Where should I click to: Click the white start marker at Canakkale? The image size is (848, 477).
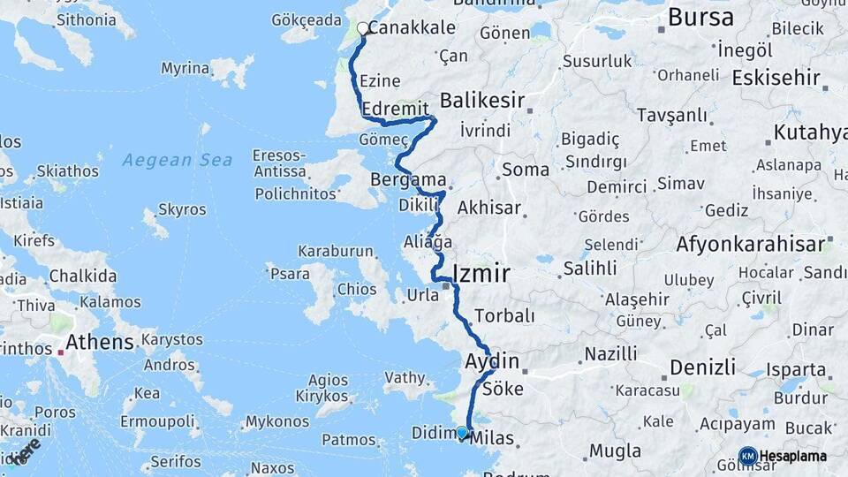pyautogui.click(x=362, y=28)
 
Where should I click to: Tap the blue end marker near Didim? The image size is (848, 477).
pyautogui.click(x=462, y=432)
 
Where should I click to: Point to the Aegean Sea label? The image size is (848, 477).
pyautogui.click(x=178, y=160)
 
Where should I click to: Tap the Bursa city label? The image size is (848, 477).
pyautogui.click(x=700, y=17)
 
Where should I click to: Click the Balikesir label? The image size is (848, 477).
pyautogui.click(x=482, y=99)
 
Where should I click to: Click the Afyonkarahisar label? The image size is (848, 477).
pyautogui.click(x=751, y=244)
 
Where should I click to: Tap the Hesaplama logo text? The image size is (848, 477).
pyautogui.click(x=792, y=456)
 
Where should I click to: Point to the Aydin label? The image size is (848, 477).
pyautogui.click(x=491, y=361)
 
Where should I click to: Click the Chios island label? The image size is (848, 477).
pyautogui.click(x=356, y=289)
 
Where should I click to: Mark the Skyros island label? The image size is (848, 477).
pyautogui.click(x=181, y=210)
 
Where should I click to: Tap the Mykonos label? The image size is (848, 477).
pyautogui.click(x=276, y=421)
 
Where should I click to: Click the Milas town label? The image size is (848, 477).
pyautogui.click(x=493, y=437)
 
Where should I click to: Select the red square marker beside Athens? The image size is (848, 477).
pyautogui.click(x=61, y=352)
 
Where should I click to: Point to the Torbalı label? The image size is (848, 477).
pyautogui.click(x=504, y=315)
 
